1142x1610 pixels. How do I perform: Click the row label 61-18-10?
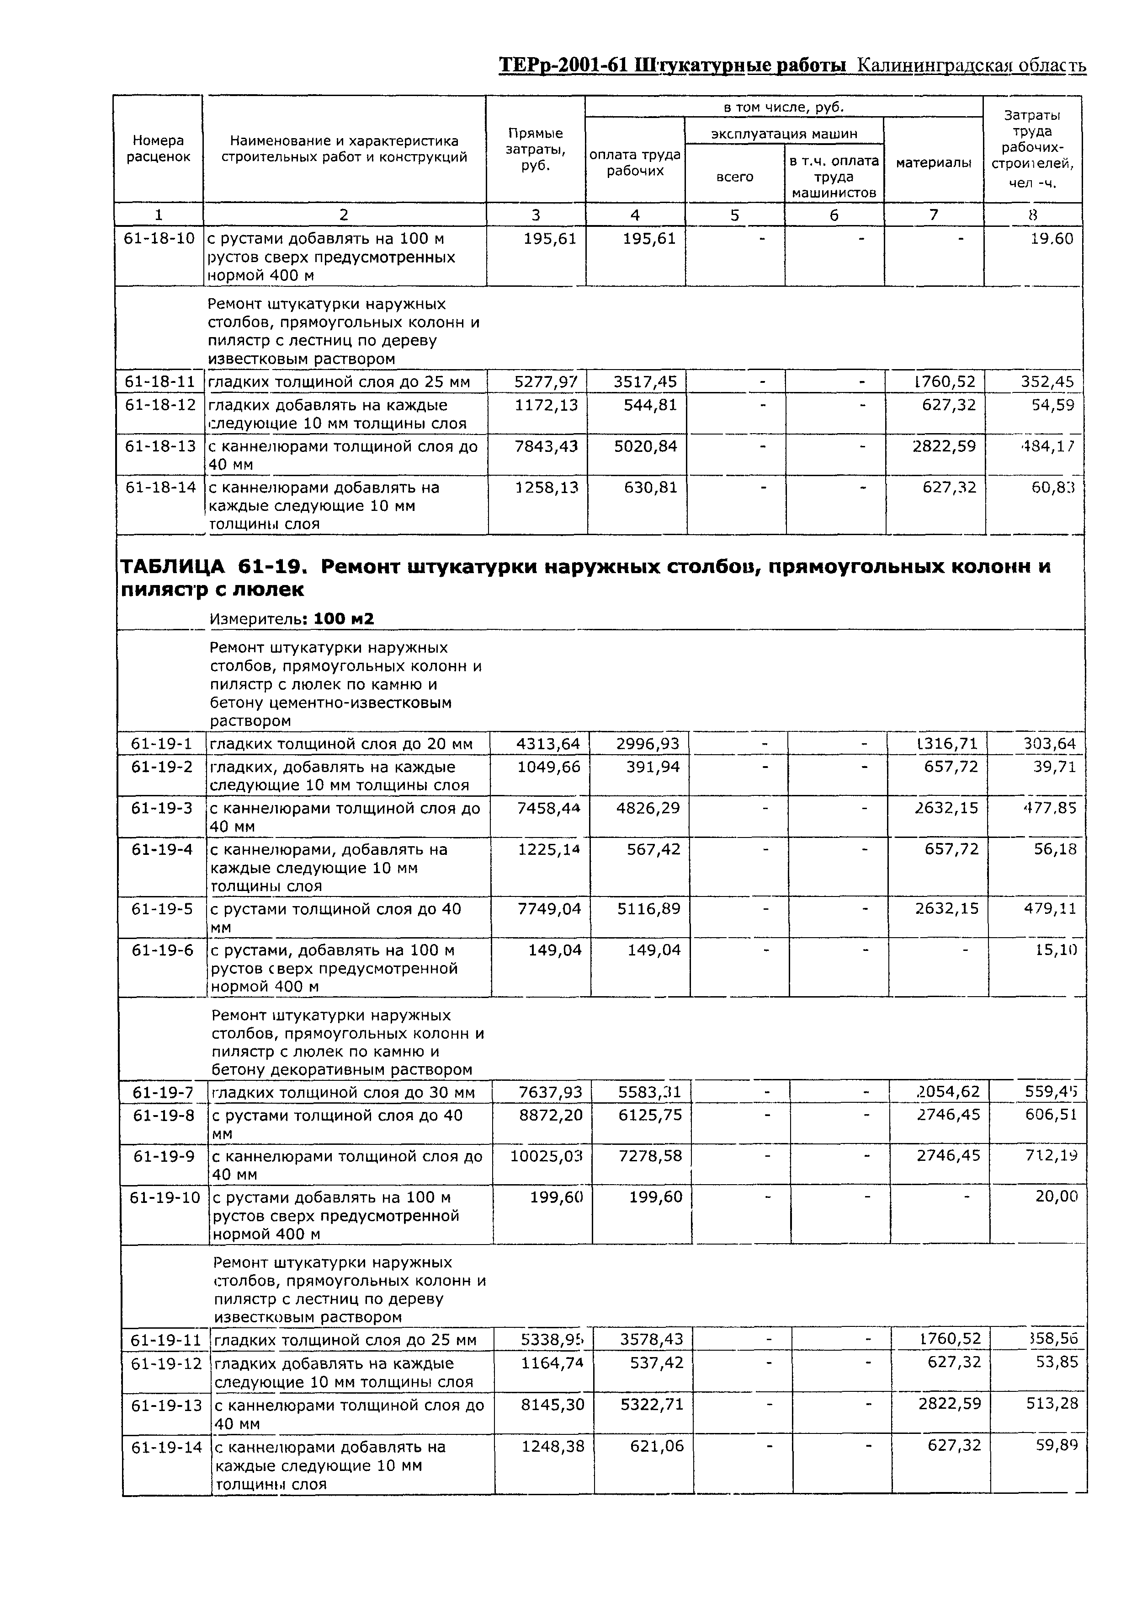click(159, 239)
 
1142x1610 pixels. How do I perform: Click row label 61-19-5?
click(162, 909)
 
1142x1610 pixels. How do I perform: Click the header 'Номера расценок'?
click(158, 149)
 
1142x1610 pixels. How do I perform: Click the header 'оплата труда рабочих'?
click(635, 162)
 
